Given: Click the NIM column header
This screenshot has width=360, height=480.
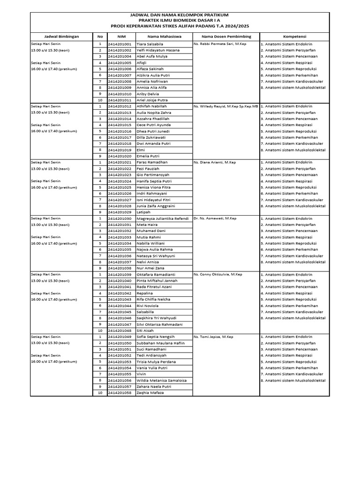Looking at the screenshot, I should pos(121,36).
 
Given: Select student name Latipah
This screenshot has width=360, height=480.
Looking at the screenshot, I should pos(142,212).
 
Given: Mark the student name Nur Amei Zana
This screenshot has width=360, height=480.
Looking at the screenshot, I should pos(150,268).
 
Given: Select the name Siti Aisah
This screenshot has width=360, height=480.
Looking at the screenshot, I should pos(145,330).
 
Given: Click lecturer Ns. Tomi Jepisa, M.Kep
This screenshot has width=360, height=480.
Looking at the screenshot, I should pos(213,337).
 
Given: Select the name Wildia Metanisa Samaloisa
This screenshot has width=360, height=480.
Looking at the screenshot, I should pos(162,380).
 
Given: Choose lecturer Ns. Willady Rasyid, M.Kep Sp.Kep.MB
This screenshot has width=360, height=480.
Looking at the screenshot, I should pos(226,106).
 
